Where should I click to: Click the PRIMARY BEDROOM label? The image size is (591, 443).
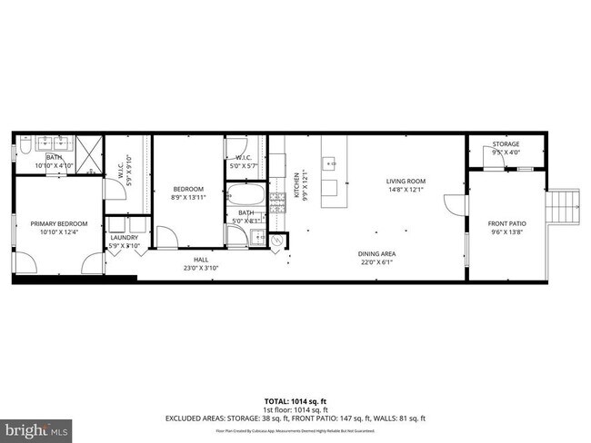tap(58, 223)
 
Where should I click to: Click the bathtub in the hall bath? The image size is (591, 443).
tap(245, 194)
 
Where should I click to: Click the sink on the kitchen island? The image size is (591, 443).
tap(331, 164)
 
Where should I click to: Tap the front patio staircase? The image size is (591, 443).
tap(565, 207)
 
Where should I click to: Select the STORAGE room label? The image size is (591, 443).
tap(506, 145)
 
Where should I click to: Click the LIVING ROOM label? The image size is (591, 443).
tap(406, 182)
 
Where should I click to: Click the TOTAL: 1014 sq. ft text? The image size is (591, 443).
tap(295, 400)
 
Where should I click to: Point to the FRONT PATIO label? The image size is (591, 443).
tap(506, 223)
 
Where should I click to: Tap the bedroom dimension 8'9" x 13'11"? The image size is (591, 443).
tap(188, 197)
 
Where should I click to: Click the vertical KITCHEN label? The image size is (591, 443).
tap(295, 185)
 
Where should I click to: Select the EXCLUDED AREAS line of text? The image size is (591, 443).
tap(295, 418)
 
